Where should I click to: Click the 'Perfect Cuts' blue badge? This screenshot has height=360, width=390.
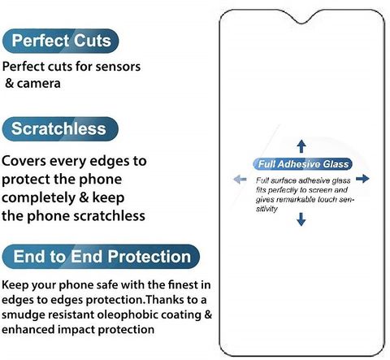pyautogui.click(x=61, y=41)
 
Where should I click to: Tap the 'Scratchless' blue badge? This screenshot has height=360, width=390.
pyautogui.click(x=60, y=129)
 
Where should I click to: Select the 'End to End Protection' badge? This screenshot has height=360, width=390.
pyautogui.click(x=101, y=257)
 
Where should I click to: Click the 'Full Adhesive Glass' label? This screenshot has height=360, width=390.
pyautogui.click(x=303, y=164)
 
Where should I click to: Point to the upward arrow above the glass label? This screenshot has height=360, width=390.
pyautogui.click(x=301, y=146)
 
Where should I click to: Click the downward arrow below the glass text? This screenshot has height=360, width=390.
pyautogui.click(x=301, y=219)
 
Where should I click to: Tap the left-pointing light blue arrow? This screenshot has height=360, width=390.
pyautogui.click(x=240, y=179)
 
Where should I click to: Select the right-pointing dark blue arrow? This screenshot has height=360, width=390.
pyautogui.click(x=362, y=179)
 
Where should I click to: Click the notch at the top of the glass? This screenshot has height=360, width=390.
pyautogui.click(x=302, y=19)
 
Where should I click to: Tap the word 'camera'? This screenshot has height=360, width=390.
pyautogui.click(x=39, y=84)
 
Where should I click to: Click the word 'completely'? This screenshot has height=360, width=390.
pyautogui.click(x=38, y=198)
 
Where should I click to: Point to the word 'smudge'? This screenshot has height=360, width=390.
pyautogui.click(x=24, y=315)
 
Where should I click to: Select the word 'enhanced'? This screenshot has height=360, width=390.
pyautogui.click(x=28, y=330)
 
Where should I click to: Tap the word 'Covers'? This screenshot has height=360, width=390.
pyautogui.click(x=24, y=161)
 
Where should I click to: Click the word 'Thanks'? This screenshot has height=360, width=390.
pyautogui.click(x=165, y=300)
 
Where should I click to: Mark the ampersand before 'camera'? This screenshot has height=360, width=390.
pyautogui.click(x=10, y=84)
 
